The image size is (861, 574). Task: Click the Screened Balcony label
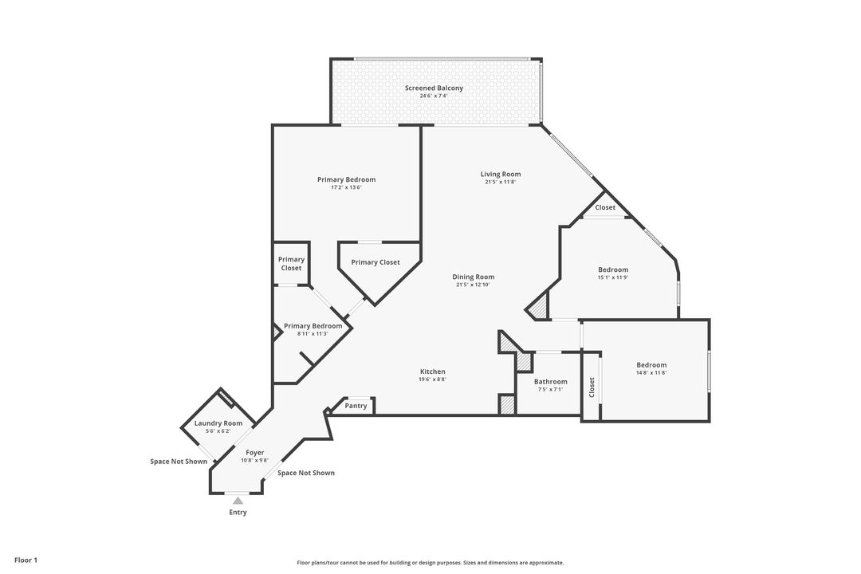pos(434,88)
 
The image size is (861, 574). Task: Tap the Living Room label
pos(500,174)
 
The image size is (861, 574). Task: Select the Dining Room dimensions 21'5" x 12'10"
pos(473,285)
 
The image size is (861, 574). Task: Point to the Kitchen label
pos(433,372)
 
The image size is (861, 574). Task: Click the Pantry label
pos(356,406)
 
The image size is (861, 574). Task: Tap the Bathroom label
pos(551,382)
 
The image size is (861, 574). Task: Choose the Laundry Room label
pos(218,423)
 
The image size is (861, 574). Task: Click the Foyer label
pos(255,453)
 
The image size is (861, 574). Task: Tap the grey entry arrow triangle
pos(238,501)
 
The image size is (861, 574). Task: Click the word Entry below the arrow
pos(238,513)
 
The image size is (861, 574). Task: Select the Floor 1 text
pos(26,560)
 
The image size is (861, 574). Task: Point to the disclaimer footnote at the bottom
pos(430,563)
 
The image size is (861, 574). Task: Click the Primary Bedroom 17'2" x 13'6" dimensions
pos(346,187)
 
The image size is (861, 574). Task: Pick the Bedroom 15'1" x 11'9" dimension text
pos(613,277)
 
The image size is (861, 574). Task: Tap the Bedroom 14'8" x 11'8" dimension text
pos(651,372)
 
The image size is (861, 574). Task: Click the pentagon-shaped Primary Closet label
pos(375,262)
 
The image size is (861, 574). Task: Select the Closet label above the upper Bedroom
pos(605,207)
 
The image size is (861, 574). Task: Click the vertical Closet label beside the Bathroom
pos(592,387)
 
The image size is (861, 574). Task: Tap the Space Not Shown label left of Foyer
pos(179,462)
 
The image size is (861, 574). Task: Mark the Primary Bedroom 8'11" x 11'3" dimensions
pos(313,333)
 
